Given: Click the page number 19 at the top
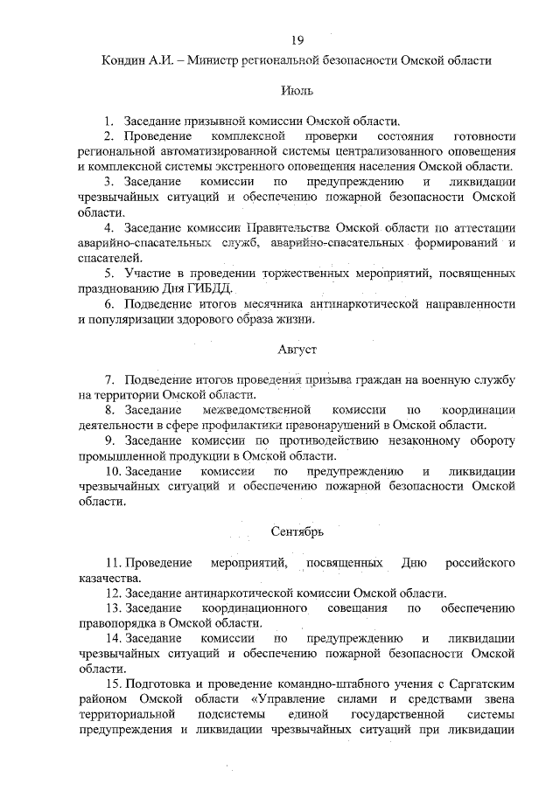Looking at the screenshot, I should click(297, 39).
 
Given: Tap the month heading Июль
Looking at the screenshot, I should click(297, 90).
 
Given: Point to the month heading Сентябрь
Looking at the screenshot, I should click(297, 531).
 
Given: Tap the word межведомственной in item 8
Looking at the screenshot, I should click(256, 409).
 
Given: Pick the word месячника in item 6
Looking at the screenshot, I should click(272, 303).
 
